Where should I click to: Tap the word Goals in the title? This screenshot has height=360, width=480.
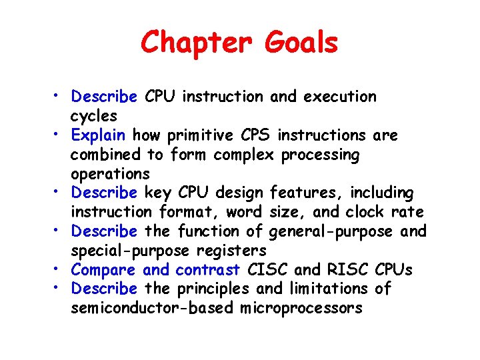301,43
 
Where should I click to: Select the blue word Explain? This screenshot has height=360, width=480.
99,135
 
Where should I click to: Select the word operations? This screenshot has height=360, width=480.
111,174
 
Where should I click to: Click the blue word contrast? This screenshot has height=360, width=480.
208,270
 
